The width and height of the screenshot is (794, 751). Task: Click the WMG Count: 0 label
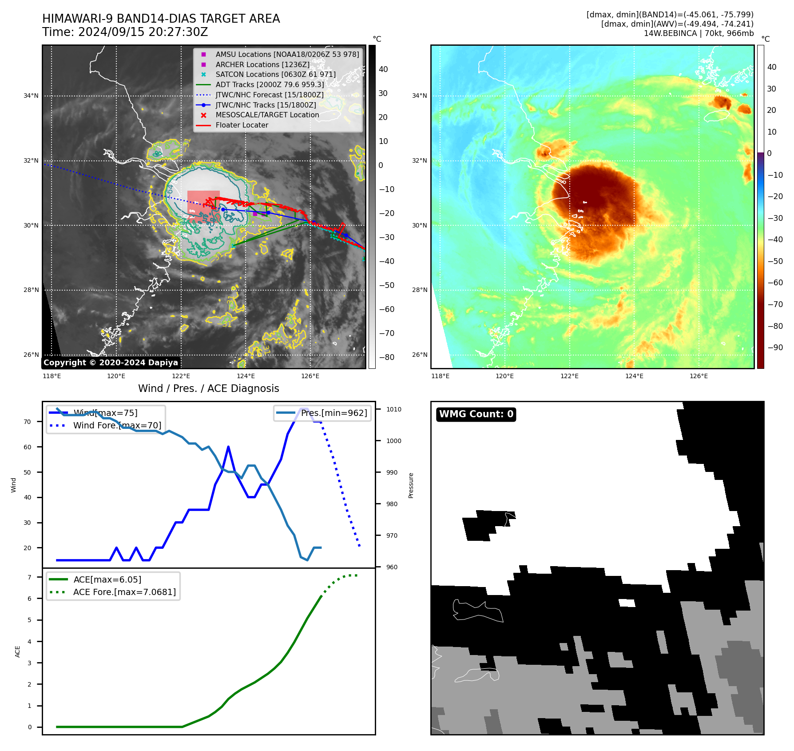pos(476,414)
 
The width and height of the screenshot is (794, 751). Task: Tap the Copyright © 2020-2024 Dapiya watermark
pos(111,363)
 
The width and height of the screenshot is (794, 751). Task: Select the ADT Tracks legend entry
pos(270,84)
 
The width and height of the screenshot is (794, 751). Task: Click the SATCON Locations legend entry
pos(275,75)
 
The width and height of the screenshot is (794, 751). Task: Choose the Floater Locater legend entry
pos(242,125)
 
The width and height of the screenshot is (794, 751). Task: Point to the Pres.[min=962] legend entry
pos(333,413)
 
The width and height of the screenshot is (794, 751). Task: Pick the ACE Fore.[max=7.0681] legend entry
pos(124,592)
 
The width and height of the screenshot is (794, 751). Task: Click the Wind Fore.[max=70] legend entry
pos(117,425)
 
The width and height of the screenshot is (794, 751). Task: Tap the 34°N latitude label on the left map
pos(31,96)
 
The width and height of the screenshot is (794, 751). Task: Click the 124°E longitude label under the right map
pos(634,376)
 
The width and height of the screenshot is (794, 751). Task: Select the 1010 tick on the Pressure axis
pos(393,409)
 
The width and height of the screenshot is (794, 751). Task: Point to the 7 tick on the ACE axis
pos(30,577)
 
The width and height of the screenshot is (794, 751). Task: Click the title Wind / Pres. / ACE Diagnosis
pos(209,388)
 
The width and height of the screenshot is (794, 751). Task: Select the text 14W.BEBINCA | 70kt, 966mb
pos(699,33)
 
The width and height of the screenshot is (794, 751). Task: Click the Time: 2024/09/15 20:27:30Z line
pos(125,32)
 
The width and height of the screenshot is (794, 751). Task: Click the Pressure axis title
pos(411,485)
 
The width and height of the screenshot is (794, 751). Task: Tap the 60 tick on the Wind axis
pos(28,447)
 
